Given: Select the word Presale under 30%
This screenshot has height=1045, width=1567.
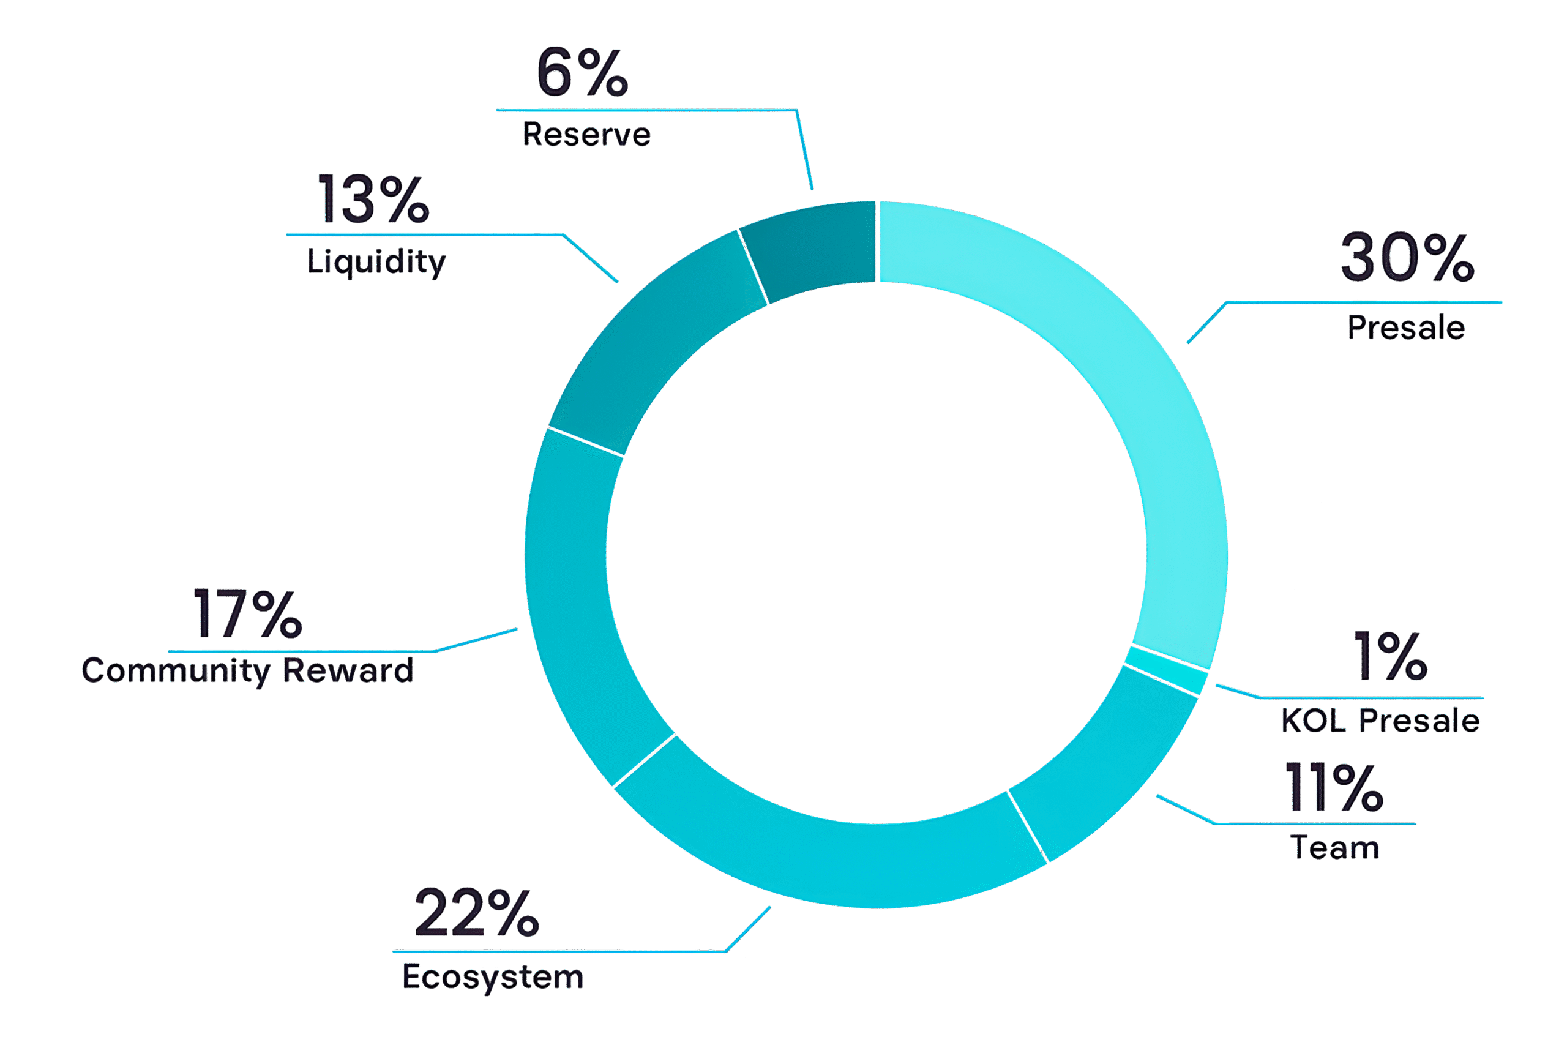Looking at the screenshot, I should click(1407, 328).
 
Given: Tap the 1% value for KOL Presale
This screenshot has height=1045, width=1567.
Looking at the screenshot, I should click(1389, 657).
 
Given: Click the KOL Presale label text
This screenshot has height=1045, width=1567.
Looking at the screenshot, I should click(1380, 721).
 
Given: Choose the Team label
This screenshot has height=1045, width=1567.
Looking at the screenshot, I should click(1335, 848).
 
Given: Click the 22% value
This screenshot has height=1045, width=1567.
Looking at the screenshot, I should click(476, 913).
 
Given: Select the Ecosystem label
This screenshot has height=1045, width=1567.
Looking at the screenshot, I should click(493, 978).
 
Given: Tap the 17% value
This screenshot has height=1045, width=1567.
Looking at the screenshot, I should click(247, 613).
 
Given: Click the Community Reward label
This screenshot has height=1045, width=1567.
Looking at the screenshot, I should click(247, 670).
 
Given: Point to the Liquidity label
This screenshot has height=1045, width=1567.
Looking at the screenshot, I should click(376, 261).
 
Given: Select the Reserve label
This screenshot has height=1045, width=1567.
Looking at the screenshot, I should click(586, 135).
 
